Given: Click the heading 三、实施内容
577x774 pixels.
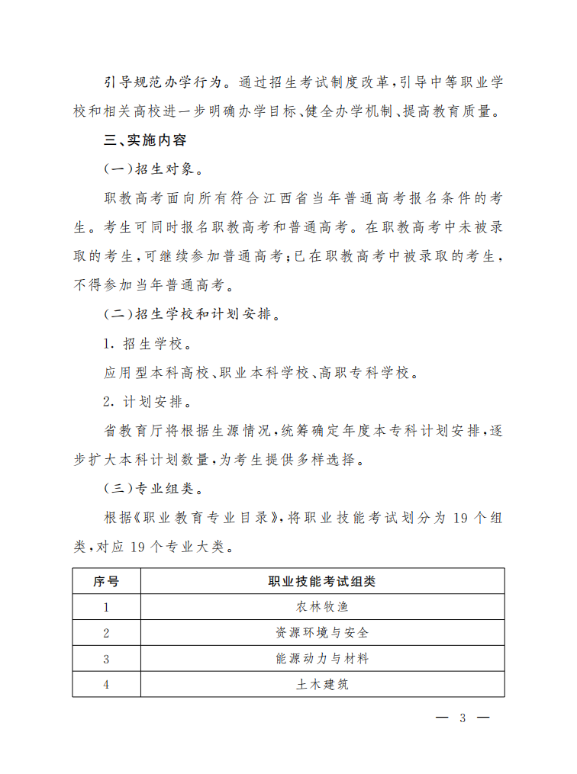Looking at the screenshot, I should pyautogui.click(x=144, y=141).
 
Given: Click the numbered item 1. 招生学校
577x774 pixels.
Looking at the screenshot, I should pyautogui.click(x=143, y=343).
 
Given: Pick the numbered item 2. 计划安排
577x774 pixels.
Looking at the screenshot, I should pyautogui.click(x=143, y=401).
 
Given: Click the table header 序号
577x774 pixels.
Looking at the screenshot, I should pyautogui.click(x=106, y=581).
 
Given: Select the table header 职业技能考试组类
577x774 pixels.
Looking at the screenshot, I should pyautogui.click(x=321, y=581).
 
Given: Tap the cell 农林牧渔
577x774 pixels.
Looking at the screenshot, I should pyautogui.click(x=321, y=607).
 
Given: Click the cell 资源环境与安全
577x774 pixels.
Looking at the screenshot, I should pyautogui.click(x=321, y=633).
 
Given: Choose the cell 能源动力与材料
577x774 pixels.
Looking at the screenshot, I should pyautogui.click(x=321, y=658).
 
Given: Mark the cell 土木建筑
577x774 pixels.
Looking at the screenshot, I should pyautogui.click(x=321, y=684).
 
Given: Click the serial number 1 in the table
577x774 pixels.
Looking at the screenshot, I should pyautogui.click(x=106, y=607).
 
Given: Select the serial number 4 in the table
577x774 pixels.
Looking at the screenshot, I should pyautogui.click(x=106, y=684).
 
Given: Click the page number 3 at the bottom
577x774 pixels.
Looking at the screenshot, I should pyautogui.click(x=462, y=718).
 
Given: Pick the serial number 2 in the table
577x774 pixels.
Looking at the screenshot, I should pyautogui.click(x=106, y=633).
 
